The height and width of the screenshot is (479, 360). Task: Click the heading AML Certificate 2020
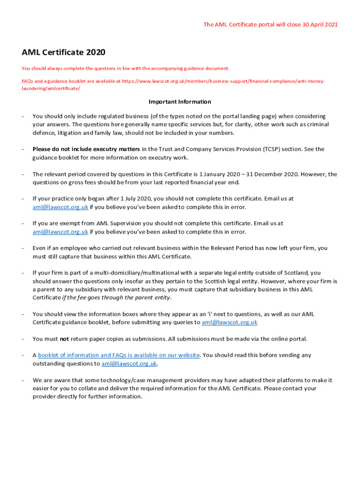(x=63, y=52)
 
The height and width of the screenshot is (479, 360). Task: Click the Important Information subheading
(x=180, y=102)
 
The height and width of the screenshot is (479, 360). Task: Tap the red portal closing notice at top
(x=270, y=24)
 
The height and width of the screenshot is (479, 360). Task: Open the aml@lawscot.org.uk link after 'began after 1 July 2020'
(x=60, y=207)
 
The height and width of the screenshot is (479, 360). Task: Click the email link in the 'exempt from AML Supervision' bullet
(x=60, y=232)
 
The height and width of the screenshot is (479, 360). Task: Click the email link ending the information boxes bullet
(x=230, y=322)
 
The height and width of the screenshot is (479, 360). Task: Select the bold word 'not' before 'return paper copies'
(x=65, y=339)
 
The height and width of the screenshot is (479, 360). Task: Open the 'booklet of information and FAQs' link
(x=119, y=355)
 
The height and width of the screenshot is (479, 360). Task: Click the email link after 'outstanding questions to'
(x=130, y=363)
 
